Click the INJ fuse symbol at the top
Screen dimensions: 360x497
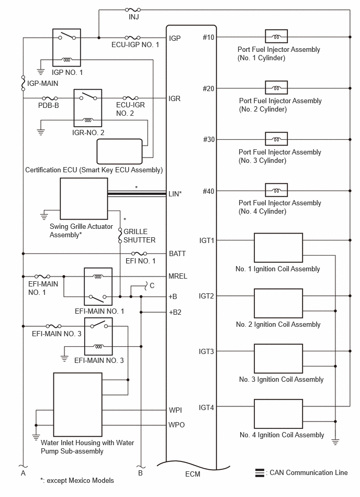click(133, 10)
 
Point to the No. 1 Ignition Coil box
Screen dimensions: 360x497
click(278, 248)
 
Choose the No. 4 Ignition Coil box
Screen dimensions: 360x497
click(278, 414)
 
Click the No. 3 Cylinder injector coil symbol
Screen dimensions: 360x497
click(276, 139)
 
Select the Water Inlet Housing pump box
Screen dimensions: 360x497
click(77, 404)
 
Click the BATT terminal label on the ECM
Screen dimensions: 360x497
click(177, 253)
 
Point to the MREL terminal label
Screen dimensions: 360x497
click(177, 277)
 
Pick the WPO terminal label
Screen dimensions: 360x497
click(176, 425)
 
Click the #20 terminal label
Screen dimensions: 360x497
click(208, 89)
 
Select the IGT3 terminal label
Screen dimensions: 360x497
click(207, 351)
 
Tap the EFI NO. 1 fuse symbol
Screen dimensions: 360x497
click(139, 253)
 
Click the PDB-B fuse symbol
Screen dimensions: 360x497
click(50, 98)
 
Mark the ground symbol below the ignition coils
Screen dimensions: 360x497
click(335, 442)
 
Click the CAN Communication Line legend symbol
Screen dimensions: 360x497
click(260, 472)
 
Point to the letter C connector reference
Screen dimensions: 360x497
click(152, 285)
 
